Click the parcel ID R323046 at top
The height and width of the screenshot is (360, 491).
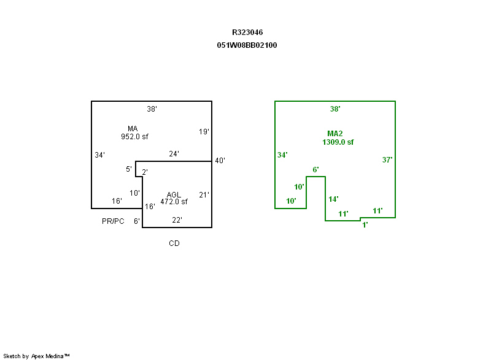point(247,32)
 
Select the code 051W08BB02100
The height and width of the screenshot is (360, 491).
point(247,45)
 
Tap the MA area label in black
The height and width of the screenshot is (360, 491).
point(133,128)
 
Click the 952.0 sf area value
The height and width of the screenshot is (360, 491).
point(134,137)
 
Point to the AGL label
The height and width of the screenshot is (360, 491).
point(174,194)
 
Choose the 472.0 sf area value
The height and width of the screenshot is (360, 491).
point(174,201)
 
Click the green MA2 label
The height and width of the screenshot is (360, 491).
point(335,134)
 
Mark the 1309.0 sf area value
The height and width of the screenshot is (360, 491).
point(338,142)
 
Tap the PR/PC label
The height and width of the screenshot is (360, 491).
point(114,221)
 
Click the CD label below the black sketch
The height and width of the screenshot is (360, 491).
point(174,243)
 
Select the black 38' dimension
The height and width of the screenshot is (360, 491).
point(152,109)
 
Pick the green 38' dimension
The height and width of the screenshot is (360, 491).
point(335,109)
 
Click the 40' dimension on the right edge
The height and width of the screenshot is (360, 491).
point(220,161)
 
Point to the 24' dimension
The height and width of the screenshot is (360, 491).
point(174,154)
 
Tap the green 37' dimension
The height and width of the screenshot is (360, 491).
point(387,159)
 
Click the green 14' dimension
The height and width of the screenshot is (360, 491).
point(334,199)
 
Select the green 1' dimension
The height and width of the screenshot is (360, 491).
point(365,225)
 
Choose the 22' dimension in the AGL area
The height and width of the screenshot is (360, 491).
point(176,220)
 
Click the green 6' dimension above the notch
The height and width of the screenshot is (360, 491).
point(315,170)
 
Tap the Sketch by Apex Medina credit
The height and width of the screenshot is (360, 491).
point(36,356)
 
